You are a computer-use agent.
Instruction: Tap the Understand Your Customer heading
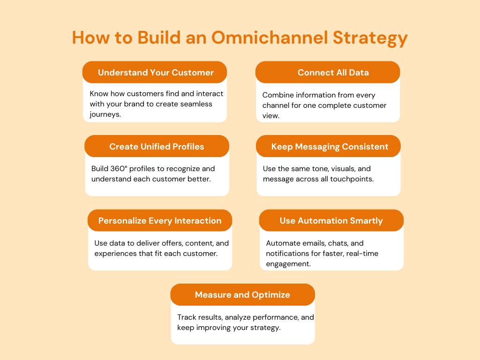point(156,73)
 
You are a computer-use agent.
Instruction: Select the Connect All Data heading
point(333,73)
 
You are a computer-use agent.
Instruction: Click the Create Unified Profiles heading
point(157,147)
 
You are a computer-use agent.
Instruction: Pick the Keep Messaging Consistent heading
point(330,147)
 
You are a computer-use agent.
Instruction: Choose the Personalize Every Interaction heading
point(160,221)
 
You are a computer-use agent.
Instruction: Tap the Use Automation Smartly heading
point(331,221)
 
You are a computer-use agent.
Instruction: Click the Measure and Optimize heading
point(242,295)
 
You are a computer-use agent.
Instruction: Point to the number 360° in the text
point(120,169)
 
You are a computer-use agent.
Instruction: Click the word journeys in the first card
point(105,114)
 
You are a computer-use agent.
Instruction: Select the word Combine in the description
point(277,95)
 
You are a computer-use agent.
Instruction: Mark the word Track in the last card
point(187,317)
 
